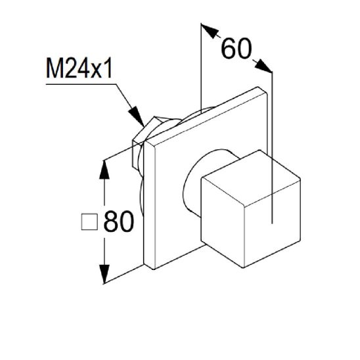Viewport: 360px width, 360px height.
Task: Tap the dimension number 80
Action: pos(119,222)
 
